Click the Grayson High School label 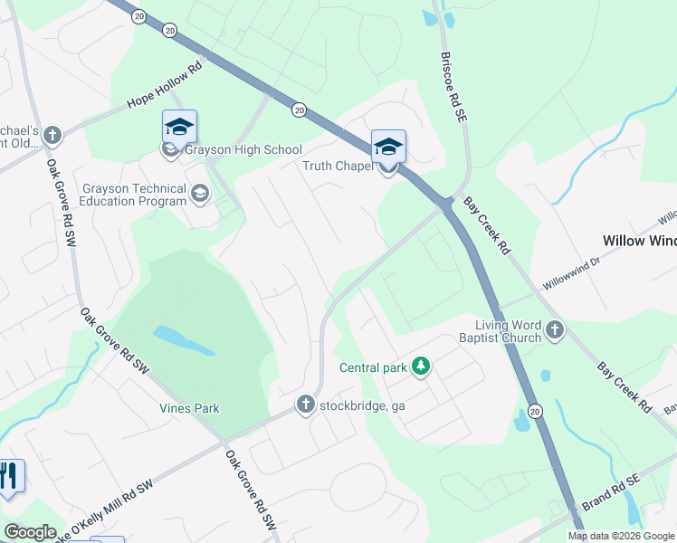(x=243, y=149)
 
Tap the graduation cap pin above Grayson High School (x=179, y=127)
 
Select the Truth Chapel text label (x=338, y=166)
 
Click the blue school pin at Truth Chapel (x=388, y=147)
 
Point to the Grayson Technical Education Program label (x=134, y=195)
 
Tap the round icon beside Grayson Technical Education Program (x=199, y=193)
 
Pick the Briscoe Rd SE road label (x=452, y=82)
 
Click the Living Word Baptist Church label (x=509, y=331)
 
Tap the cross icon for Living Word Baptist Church (x=555, y=332)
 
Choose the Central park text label (x=373, y=367)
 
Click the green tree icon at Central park (x=420, y=367)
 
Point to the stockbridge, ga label (x=362, y=405)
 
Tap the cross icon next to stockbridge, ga (x=306, y=405)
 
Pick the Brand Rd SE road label (x=611, y=496)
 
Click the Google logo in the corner (x=30, y=532)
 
